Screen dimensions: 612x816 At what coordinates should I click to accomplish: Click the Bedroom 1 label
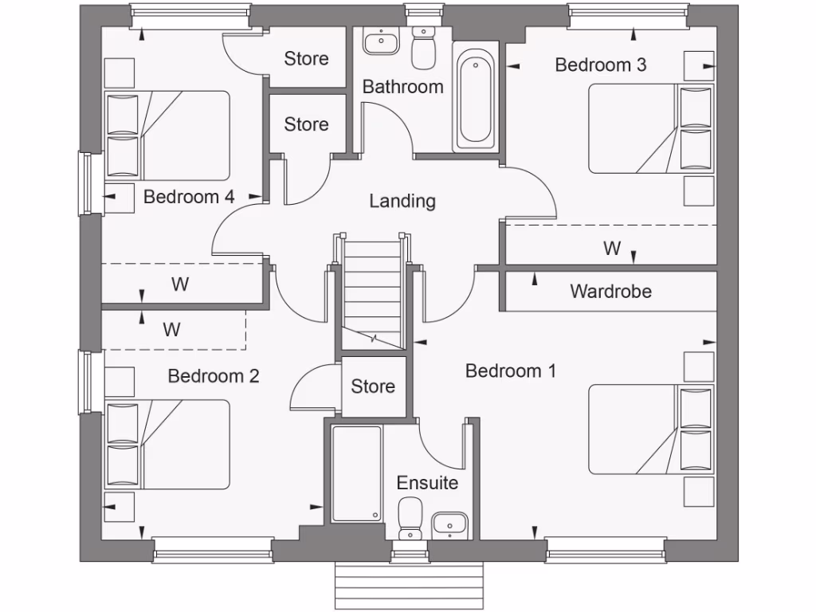510,371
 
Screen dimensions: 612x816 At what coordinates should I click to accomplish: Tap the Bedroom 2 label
213,375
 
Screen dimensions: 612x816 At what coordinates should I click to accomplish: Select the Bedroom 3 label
600,65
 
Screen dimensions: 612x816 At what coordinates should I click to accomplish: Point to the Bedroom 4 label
189,197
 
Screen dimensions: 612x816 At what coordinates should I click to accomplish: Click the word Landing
402,201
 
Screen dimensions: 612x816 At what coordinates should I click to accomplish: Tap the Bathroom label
402,87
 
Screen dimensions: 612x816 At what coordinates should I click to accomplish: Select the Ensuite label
427,483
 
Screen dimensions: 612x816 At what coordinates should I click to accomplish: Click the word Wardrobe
610,292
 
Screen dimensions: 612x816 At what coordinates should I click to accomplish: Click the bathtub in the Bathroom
477,97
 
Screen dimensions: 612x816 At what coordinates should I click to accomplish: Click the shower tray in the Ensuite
356,474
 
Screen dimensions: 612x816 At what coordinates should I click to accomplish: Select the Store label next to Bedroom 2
373,386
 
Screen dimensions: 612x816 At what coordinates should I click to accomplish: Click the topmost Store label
306,58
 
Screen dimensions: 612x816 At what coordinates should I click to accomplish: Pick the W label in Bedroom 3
611,249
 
